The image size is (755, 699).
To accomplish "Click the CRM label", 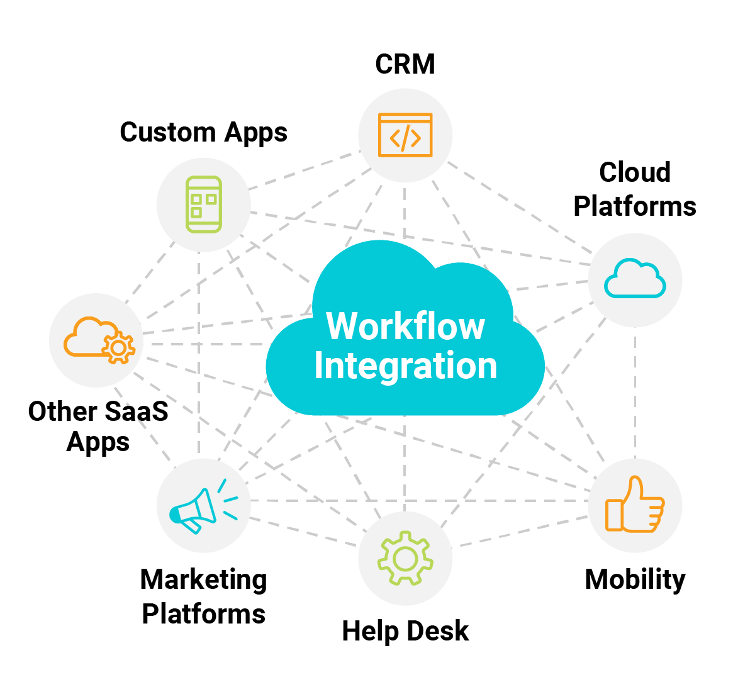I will click(x=405, y=64).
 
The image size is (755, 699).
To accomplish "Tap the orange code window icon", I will click(x=405, y=135).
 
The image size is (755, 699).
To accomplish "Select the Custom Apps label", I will click(x=203, y=133).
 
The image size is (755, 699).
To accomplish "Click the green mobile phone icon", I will click(x=204, y=204).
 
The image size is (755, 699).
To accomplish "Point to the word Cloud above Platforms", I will click(x=635, y=172).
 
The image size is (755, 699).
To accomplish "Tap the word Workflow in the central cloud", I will click(x=405, y=327).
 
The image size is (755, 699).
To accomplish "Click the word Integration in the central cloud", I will click(x=405, y=366).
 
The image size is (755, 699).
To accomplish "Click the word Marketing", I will click(x=203, y=579).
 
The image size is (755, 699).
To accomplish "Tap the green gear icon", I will click(x=405, y=558).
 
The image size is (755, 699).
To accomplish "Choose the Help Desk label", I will click(x=405, y=631).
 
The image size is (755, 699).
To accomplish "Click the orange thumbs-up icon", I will click(x=635, y=505).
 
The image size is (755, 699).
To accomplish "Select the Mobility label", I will click(x=635, y=579).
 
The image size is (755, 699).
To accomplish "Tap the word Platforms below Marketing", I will click(x=203, y=614).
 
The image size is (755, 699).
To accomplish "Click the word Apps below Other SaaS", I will click(x=98, y=442).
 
